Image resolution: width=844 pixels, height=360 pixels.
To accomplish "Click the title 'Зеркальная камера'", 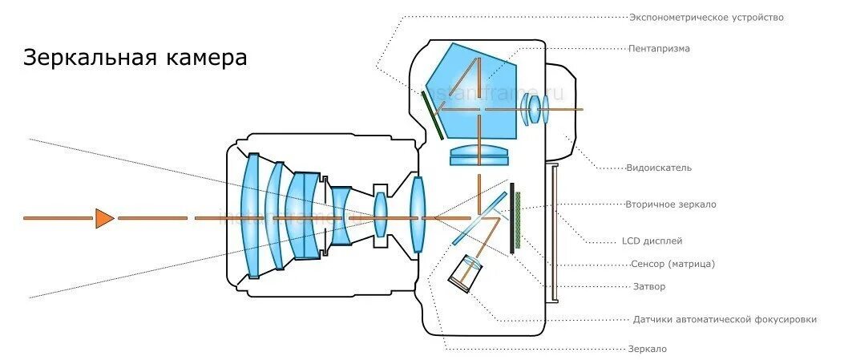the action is [135, 59].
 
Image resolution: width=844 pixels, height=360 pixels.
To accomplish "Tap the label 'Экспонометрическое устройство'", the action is [705, 17].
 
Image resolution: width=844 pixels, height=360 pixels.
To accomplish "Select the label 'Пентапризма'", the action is [659, 48].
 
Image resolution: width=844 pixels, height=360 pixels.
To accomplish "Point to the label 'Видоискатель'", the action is [659, 168].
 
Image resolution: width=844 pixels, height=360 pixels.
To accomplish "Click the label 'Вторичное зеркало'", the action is [671, 204].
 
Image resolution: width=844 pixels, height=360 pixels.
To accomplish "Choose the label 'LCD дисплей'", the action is [652, 241].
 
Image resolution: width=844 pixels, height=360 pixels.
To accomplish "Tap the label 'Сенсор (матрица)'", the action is [672, 264].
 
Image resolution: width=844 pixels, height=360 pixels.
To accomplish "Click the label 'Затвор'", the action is [649, 286].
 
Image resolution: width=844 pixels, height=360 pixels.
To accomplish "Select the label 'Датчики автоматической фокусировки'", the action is [725, 319].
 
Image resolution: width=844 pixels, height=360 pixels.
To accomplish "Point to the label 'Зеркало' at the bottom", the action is [648, 349].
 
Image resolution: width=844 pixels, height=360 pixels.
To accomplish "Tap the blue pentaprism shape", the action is [473, 92].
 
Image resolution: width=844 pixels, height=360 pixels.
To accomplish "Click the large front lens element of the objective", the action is [252, 215].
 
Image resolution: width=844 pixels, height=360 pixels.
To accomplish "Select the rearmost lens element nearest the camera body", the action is [417, 215].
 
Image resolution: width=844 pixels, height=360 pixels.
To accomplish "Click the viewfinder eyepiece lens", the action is [533, 109].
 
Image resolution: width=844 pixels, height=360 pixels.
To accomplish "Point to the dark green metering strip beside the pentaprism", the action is [434, 114].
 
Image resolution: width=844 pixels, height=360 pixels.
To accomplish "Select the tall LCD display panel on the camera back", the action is [552, 233].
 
